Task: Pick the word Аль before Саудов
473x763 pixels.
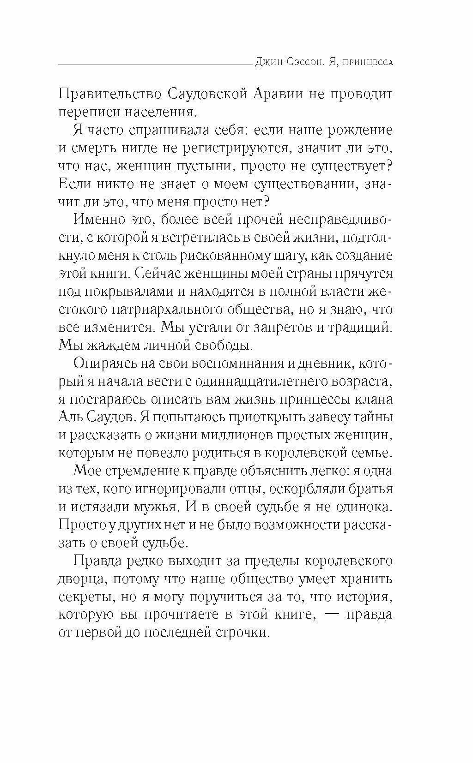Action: [73, 417]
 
